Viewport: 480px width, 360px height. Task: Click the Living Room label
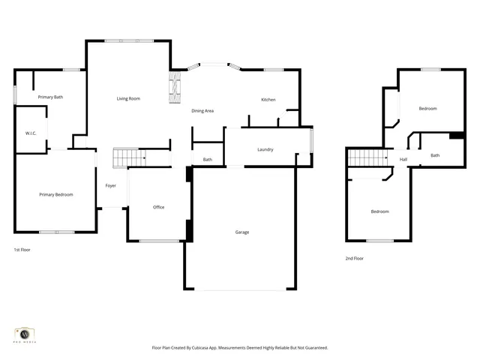[128, 99]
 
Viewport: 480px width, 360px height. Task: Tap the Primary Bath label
[51, 97]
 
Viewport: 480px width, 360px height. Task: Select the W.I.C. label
[31, 133]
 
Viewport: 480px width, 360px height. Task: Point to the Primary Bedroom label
[56, 195]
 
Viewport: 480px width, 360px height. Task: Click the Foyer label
[110, 185]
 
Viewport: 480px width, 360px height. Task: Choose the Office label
[158, 207]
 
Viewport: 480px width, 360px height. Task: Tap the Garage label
[242, 232]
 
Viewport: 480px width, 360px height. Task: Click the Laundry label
[265, 149]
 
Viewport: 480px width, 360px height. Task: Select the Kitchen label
[268, 100]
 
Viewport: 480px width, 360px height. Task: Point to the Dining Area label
[202, 111]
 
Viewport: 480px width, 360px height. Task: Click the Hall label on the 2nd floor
[403, 159]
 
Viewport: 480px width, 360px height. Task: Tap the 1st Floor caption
[22, 249]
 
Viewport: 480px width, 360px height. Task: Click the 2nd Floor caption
[354, 258]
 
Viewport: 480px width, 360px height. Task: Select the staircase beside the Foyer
[128, 158]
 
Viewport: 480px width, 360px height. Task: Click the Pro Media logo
[25, 334]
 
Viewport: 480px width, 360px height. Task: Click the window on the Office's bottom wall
[159, 241]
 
